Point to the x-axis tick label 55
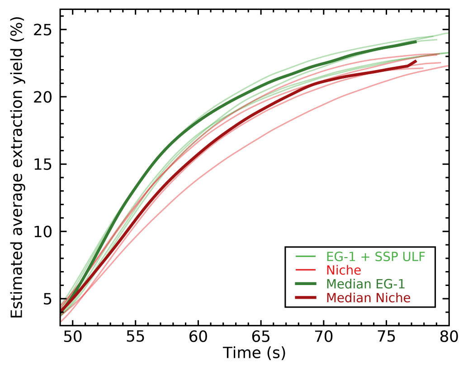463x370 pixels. [x=136, y=337]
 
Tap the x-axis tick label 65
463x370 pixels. [x=261, y=337]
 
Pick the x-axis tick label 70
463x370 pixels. [x=324, y=337]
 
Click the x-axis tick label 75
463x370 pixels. [x=386, y=337]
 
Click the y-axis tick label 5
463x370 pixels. [x=49, y=299]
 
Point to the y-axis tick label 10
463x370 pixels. [x=44, y=232]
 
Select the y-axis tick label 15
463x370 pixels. [x=44, y=164]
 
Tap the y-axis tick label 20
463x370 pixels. [x=44, y=97]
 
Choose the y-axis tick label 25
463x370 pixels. [x=44, y=30]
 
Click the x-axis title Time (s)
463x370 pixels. [x=254, y=353]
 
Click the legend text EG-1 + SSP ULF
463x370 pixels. [x=374, y=257]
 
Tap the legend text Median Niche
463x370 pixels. [x=369, y=298]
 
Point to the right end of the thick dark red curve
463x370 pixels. [x=416, y=61]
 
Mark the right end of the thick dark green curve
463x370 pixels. [x=416, y=42]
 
